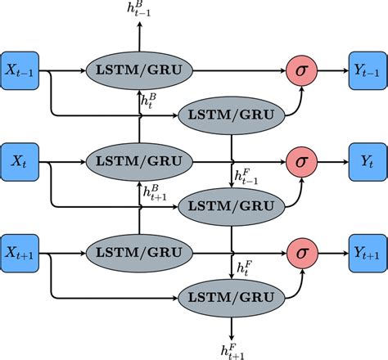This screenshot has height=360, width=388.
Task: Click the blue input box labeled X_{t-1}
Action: (x=24, y=72)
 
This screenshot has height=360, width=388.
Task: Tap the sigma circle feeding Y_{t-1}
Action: (x=300, y=72)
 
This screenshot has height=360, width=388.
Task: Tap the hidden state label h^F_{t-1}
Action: (x=246, y=175)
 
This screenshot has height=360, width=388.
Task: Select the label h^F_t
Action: (x=244, y=267)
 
